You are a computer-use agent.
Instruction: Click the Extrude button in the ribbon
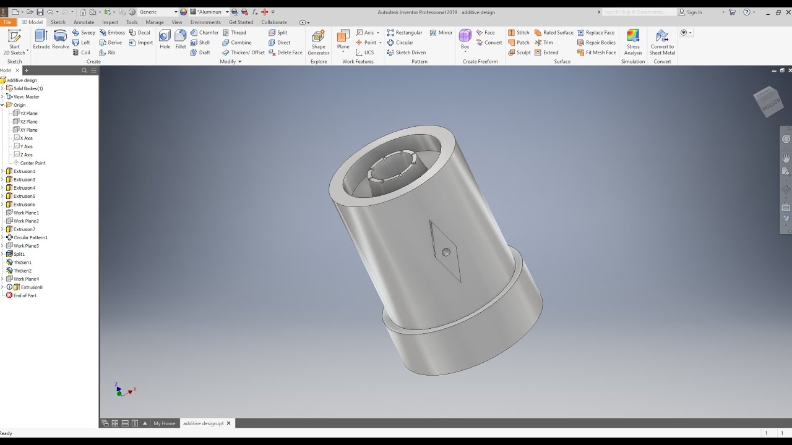point(41,39)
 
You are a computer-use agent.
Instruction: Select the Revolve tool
point(60,39)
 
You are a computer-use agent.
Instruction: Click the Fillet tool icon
point(181,39)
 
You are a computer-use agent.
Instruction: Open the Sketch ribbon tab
point(58,22)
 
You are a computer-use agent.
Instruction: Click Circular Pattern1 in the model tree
point(30,237)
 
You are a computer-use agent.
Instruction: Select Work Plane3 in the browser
point(26,246)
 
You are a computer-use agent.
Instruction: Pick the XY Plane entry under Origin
point(28,130)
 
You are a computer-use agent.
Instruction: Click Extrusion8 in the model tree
point(32,287)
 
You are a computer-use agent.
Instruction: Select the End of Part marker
point(25,295)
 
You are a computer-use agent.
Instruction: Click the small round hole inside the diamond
point(446,252)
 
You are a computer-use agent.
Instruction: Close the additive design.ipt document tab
point(228,423)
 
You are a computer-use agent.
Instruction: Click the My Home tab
point(164,423)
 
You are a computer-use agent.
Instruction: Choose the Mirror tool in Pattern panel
point(441,33)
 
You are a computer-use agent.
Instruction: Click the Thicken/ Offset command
point(244,53)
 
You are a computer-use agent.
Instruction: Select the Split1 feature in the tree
point(19,254)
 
